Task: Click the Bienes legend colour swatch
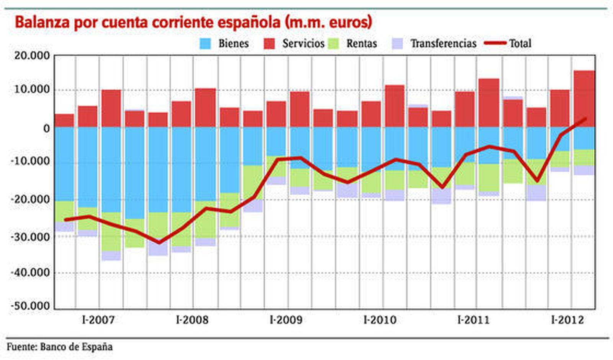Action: [205, 44]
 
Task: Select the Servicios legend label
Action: [303, 44]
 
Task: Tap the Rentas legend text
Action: [361, 44]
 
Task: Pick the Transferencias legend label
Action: [443, 44]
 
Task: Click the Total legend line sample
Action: [495, 43]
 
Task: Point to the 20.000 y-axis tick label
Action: [32, 56]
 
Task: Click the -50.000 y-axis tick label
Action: [31, 306]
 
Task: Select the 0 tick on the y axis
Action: [46, 129]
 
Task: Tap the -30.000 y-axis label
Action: [31, 237]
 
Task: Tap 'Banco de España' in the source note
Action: [76, 347]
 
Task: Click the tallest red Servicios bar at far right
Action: [584, 98]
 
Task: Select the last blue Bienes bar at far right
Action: [584, 138]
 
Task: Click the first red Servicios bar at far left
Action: [64, 120]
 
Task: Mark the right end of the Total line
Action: [585, 119]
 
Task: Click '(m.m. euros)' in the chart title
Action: [328, 22]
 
